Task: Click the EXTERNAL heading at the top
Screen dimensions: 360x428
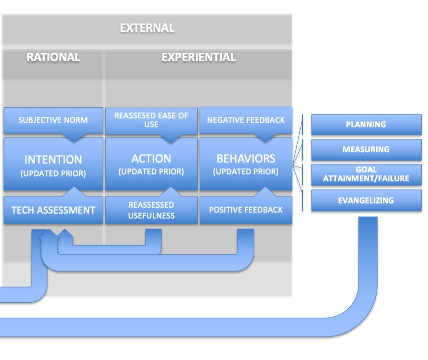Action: click(147, 28)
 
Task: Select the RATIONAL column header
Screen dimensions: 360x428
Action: click(53, 57)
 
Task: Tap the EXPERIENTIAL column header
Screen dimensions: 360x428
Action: click(198, 57)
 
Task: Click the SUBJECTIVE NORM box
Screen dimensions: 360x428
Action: click(53, 120)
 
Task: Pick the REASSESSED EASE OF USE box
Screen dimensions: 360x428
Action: click(151, 120)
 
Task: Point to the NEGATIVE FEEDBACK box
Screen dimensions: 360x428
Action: click(246, 120)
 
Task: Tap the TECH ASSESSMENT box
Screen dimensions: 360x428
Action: click(53, 210)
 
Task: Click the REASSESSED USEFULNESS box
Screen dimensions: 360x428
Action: click(151, 210)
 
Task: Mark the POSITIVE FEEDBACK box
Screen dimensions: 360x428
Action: click(246, 210)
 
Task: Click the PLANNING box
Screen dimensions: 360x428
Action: click(366, 124)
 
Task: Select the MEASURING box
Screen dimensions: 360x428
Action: click(366, 150)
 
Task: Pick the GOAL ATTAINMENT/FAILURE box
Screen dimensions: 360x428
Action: click(366, 175)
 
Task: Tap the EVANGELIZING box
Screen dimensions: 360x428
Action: click(366, 201)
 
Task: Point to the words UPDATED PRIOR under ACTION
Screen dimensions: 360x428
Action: click(151, 172)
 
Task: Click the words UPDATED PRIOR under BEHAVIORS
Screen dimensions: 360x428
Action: click(246, 172)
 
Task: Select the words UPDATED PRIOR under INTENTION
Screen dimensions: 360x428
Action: click(53, 173)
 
